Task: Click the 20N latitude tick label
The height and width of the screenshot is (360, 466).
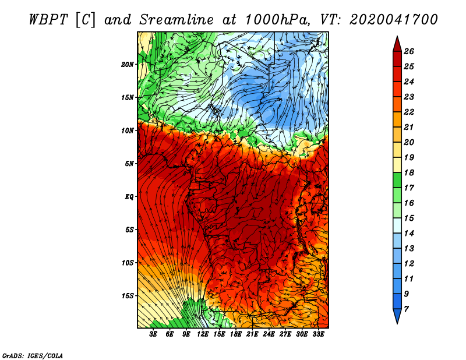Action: [128, 64]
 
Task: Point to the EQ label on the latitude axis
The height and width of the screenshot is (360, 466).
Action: [129, 196]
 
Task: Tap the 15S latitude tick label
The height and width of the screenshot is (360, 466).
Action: [128, 296]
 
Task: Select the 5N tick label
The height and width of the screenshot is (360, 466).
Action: [129, 164]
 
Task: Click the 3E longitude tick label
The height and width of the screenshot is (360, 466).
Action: [153, 334]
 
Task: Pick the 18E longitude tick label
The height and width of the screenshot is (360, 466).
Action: [236, 334]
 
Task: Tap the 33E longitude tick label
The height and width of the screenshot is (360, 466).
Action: [318, 334]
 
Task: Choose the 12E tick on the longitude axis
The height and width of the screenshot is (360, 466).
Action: [203, 334]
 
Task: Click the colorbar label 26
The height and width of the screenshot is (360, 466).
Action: [409, 51]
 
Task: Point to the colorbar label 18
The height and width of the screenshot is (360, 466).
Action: [409, 172]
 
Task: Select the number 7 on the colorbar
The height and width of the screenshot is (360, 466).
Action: [406, 309]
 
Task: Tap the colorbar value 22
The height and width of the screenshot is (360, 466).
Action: [409, 112]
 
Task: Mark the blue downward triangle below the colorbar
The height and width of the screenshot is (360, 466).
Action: [397, 315]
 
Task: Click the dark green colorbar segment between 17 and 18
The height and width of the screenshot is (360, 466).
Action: [397, 180]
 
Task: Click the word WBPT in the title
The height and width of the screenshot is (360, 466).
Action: [49, 20]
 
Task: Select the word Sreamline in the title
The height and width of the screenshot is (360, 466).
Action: [176, 20]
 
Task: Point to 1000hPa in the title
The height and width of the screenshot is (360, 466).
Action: [278, 20]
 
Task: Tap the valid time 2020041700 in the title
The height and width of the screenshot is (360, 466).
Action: [394, 20]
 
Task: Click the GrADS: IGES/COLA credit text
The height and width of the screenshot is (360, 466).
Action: [33, 355]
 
